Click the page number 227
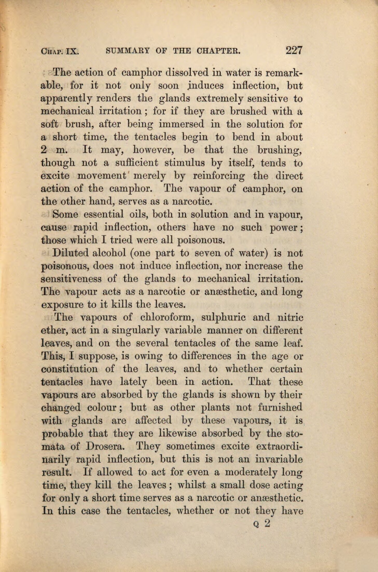[294, 50]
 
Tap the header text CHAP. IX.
[60, 51]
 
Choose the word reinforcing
[219, 176]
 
